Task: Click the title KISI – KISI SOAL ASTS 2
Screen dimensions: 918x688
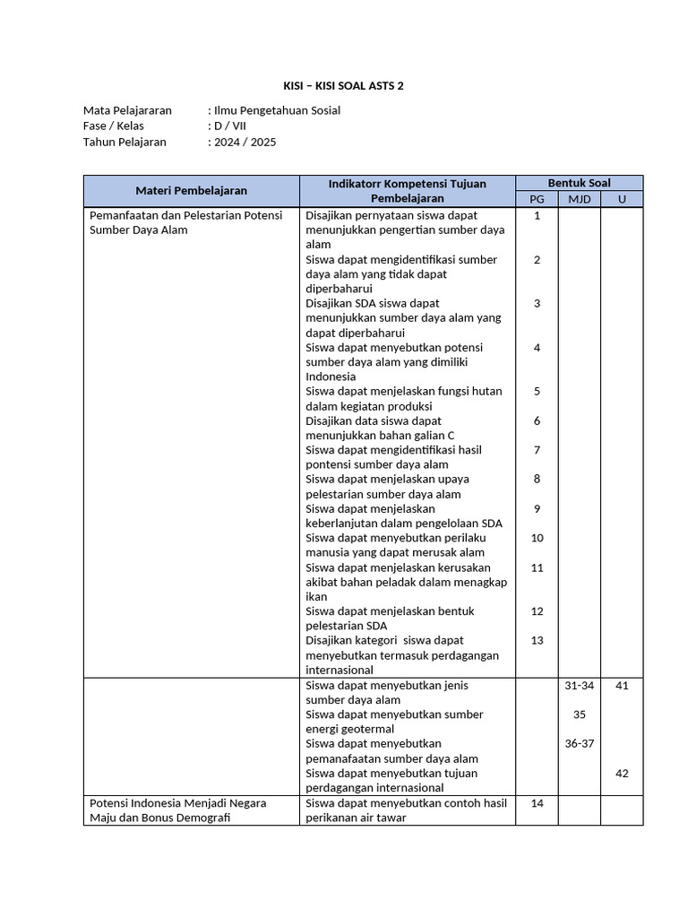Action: click(343, 85)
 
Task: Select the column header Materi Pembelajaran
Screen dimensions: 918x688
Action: click(191, 190)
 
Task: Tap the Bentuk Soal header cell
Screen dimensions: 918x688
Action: click(579, 182)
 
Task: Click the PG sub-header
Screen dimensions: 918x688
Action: click(537, 198)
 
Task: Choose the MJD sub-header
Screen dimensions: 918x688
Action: click(579, 198)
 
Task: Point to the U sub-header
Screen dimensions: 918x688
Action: click(621, 198)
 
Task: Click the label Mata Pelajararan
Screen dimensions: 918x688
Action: click(127, 110)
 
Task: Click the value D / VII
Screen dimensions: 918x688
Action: click(230, 126)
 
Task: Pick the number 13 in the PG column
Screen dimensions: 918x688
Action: click(537, 640)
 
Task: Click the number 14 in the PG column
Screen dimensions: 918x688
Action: click(537, 802)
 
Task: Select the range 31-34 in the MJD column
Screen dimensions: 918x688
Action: click(579, 685)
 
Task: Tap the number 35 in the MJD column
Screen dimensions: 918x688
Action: click(579, 714)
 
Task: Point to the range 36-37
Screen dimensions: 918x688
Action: click(579, 743)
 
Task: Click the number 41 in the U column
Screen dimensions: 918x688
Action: click(622, 685)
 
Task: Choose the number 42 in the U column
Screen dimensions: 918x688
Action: click(622, 773)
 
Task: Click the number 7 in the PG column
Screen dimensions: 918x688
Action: click(537, 449)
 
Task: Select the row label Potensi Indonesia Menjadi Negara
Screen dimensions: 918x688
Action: click(177, 802)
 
